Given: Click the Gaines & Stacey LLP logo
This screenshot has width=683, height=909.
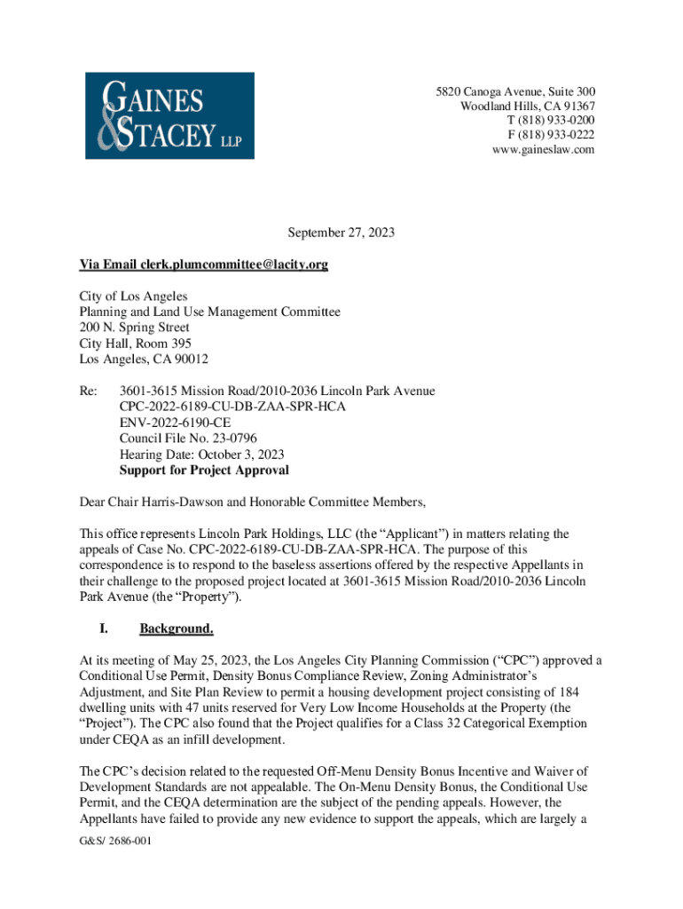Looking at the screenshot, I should coord(169,115).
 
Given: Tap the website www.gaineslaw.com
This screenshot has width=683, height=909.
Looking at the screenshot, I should coord(543,149).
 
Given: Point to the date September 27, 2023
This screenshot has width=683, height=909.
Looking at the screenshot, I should coord(341,233).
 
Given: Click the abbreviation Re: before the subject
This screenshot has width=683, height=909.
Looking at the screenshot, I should coord(89,391).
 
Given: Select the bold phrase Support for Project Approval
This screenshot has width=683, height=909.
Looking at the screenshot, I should coord(204,470).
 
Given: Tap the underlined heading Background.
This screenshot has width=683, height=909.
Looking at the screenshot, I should coord(177,629).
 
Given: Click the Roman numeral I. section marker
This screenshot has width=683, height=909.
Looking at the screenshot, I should coord(104,629).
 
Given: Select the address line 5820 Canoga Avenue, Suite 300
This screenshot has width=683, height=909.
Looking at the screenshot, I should coord(514,92).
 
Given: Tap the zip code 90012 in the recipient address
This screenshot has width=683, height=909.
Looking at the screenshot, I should coord(191,360).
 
